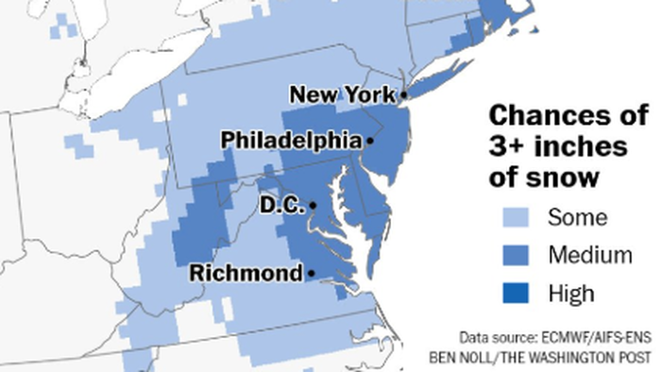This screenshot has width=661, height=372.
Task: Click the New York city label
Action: coord(343,94)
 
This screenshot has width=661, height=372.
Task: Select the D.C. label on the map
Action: coord(280,205)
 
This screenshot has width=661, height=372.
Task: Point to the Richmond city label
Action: coord(245,274)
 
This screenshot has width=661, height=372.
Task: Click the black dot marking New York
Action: coord(403,94)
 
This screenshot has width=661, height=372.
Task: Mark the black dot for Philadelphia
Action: coord(370,141)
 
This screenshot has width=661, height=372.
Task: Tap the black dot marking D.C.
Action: coord(312,205)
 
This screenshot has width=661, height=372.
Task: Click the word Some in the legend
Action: coord(578,218)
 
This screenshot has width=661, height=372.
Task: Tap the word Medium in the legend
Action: coord(590,255)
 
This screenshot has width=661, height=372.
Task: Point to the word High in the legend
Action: coord(572,293)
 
